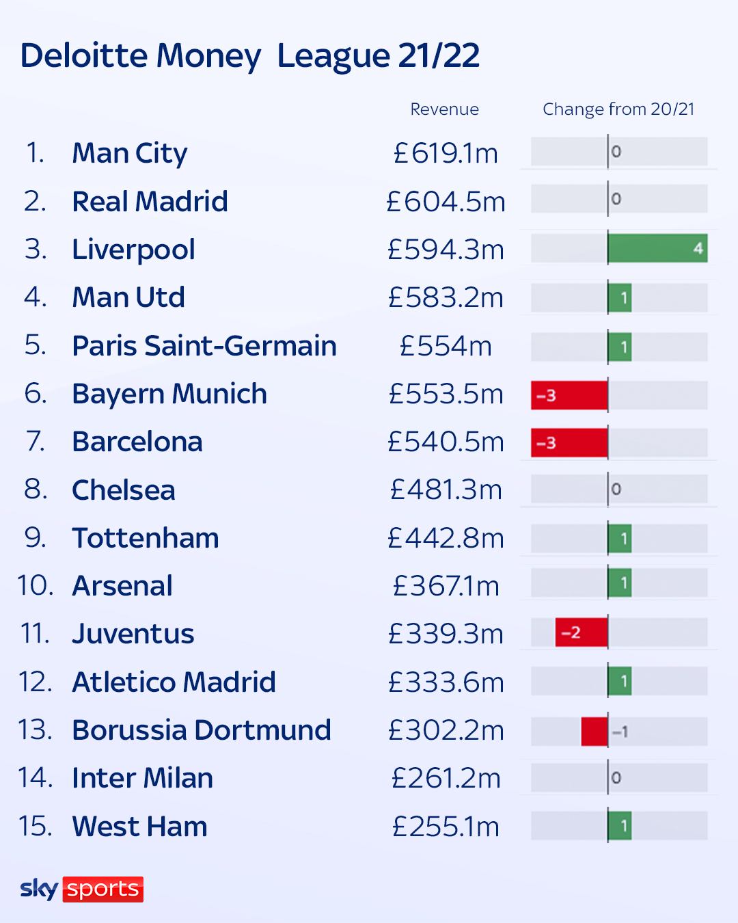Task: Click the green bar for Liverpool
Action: click(657, 248)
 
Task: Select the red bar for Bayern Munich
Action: click(569, 395)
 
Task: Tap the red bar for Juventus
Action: click(581, 632)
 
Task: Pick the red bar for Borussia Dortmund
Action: click(594, 731)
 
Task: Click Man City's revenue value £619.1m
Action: click(446, 153)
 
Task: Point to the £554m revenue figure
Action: click(446, 346)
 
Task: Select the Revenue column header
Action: click(444, 109)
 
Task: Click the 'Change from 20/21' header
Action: click(618, 109)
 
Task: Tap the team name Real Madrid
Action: click(150, 202)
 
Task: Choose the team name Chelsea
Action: click(124, 490)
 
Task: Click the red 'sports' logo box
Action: click(103, 889)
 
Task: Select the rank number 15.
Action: click(35, 826)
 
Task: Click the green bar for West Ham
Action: click(620, 826)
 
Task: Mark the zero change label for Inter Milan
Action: click(616, 778)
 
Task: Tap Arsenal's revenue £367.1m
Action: click(446, 586)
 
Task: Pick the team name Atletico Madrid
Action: click(174, 682)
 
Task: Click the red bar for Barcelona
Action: click(569, 443)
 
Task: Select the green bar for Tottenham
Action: click(620, 539)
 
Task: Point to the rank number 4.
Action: click(35, 297)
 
